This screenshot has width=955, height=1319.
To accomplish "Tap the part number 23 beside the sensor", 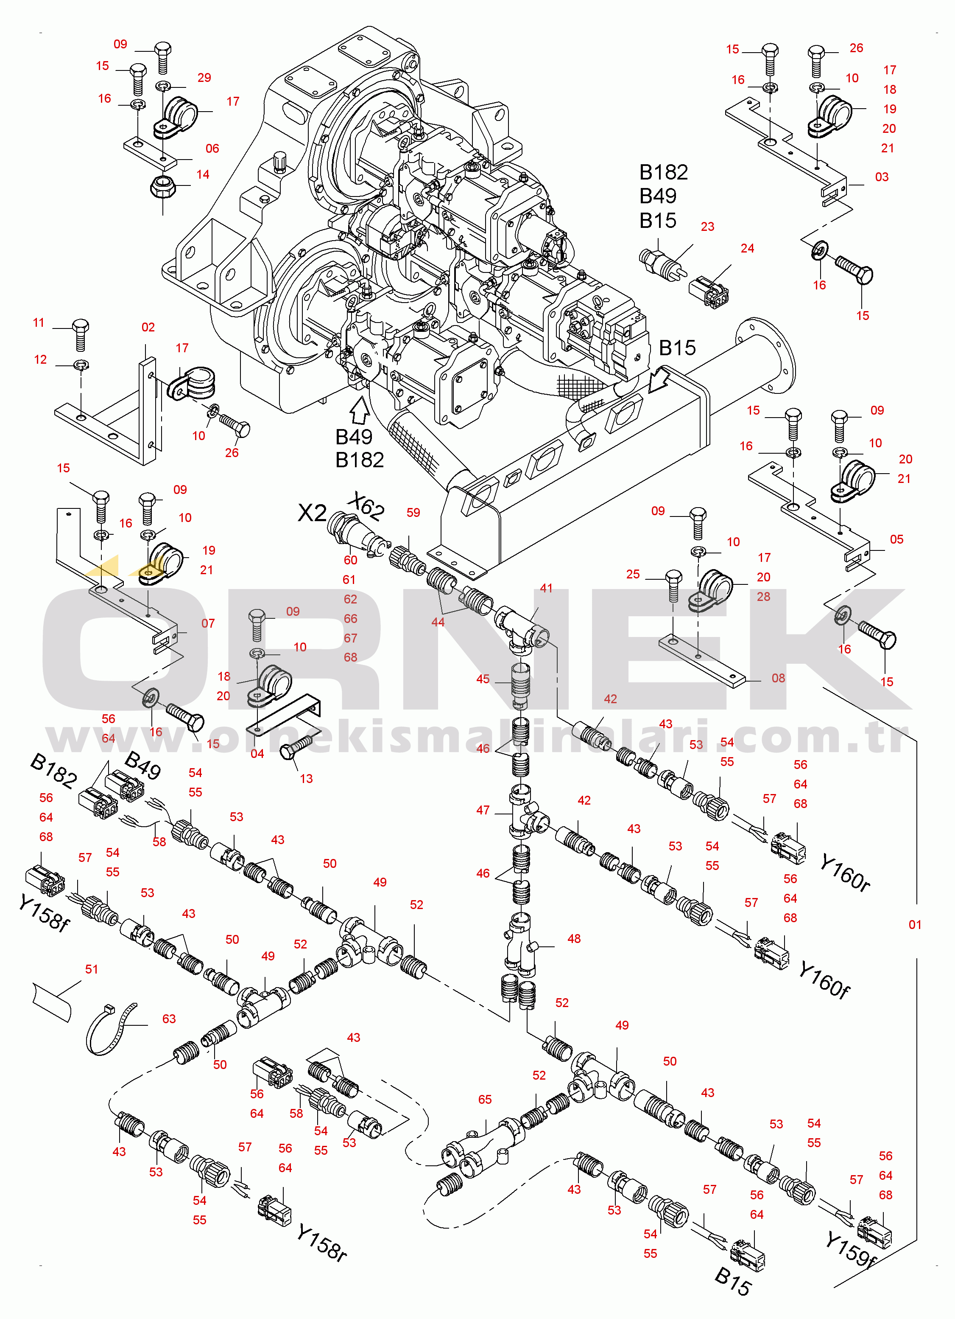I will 707,227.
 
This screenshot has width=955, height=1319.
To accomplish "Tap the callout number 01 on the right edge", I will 915,925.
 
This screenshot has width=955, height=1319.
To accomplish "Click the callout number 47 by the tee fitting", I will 483,810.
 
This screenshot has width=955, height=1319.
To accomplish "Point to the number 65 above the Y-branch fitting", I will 485,1099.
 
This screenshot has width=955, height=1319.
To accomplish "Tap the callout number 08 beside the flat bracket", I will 778,678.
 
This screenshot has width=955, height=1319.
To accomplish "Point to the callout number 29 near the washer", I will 204,78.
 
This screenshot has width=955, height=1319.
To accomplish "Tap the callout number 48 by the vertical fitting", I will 574,939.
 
